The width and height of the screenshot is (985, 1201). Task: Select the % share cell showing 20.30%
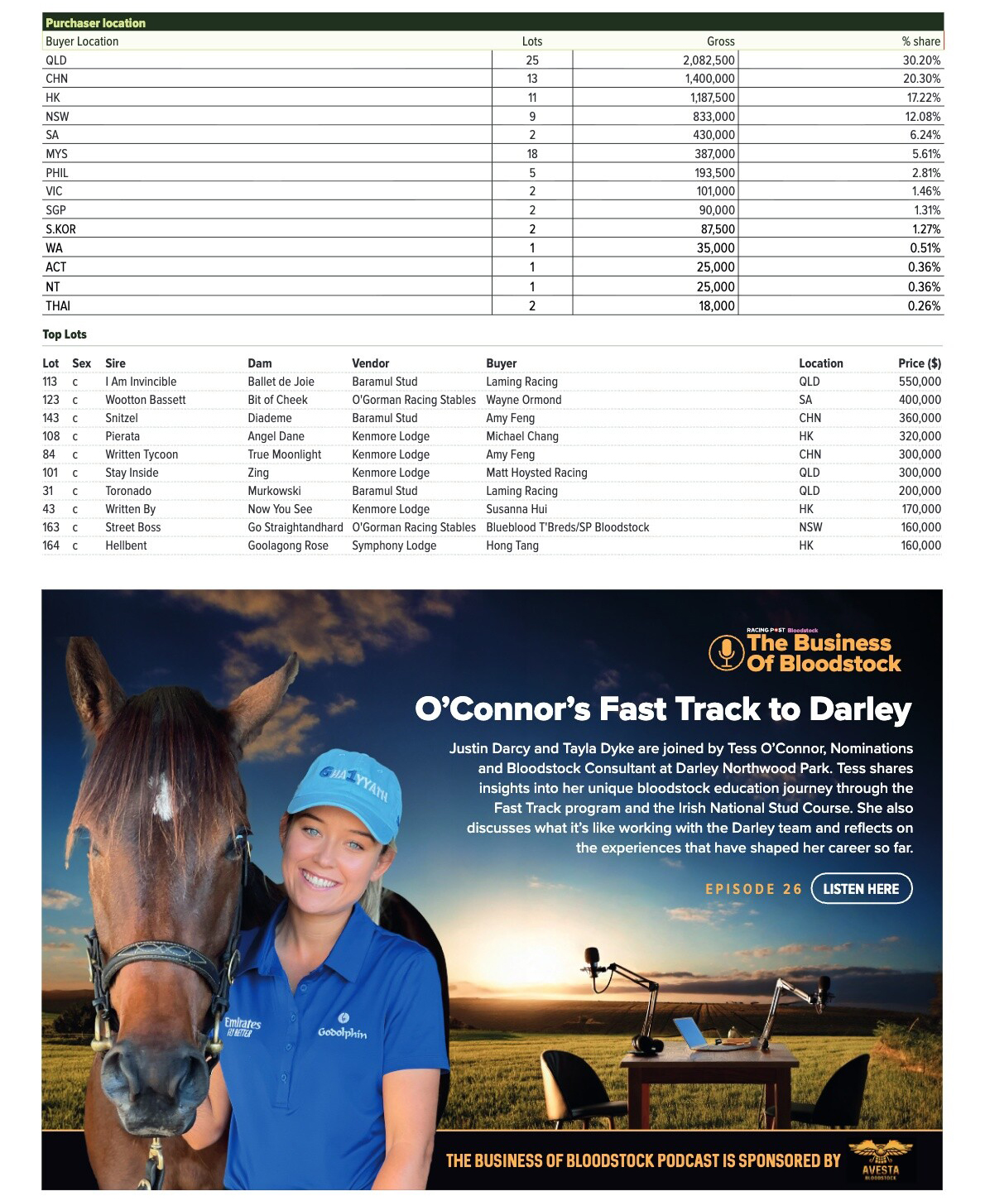(921, 79)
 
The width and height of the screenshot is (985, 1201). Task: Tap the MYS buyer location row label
(57, 154)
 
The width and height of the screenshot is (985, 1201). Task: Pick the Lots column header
(532, 41)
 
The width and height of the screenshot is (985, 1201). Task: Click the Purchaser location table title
(95, 23)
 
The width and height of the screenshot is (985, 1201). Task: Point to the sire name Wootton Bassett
(145, 400)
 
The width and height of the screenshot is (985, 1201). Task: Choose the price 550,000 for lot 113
(920, 382)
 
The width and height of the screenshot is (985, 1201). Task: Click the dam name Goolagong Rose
(288, 545)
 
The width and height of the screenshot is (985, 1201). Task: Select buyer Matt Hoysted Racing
(536, 473)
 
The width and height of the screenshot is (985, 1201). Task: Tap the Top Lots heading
(65, 334)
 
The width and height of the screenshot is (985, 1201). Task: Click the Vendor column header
(370, 363)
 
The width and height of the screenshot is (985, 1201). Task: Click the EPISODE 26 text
(753, 889)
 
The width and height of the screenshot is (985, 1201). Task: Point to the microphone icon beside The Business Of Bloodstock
(726, 652)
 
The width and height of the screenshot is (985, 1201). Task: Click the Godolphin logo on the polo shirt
(342, 1027)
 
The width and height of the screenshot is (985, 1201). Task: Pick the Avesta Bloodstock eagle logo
(880, 1159)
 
